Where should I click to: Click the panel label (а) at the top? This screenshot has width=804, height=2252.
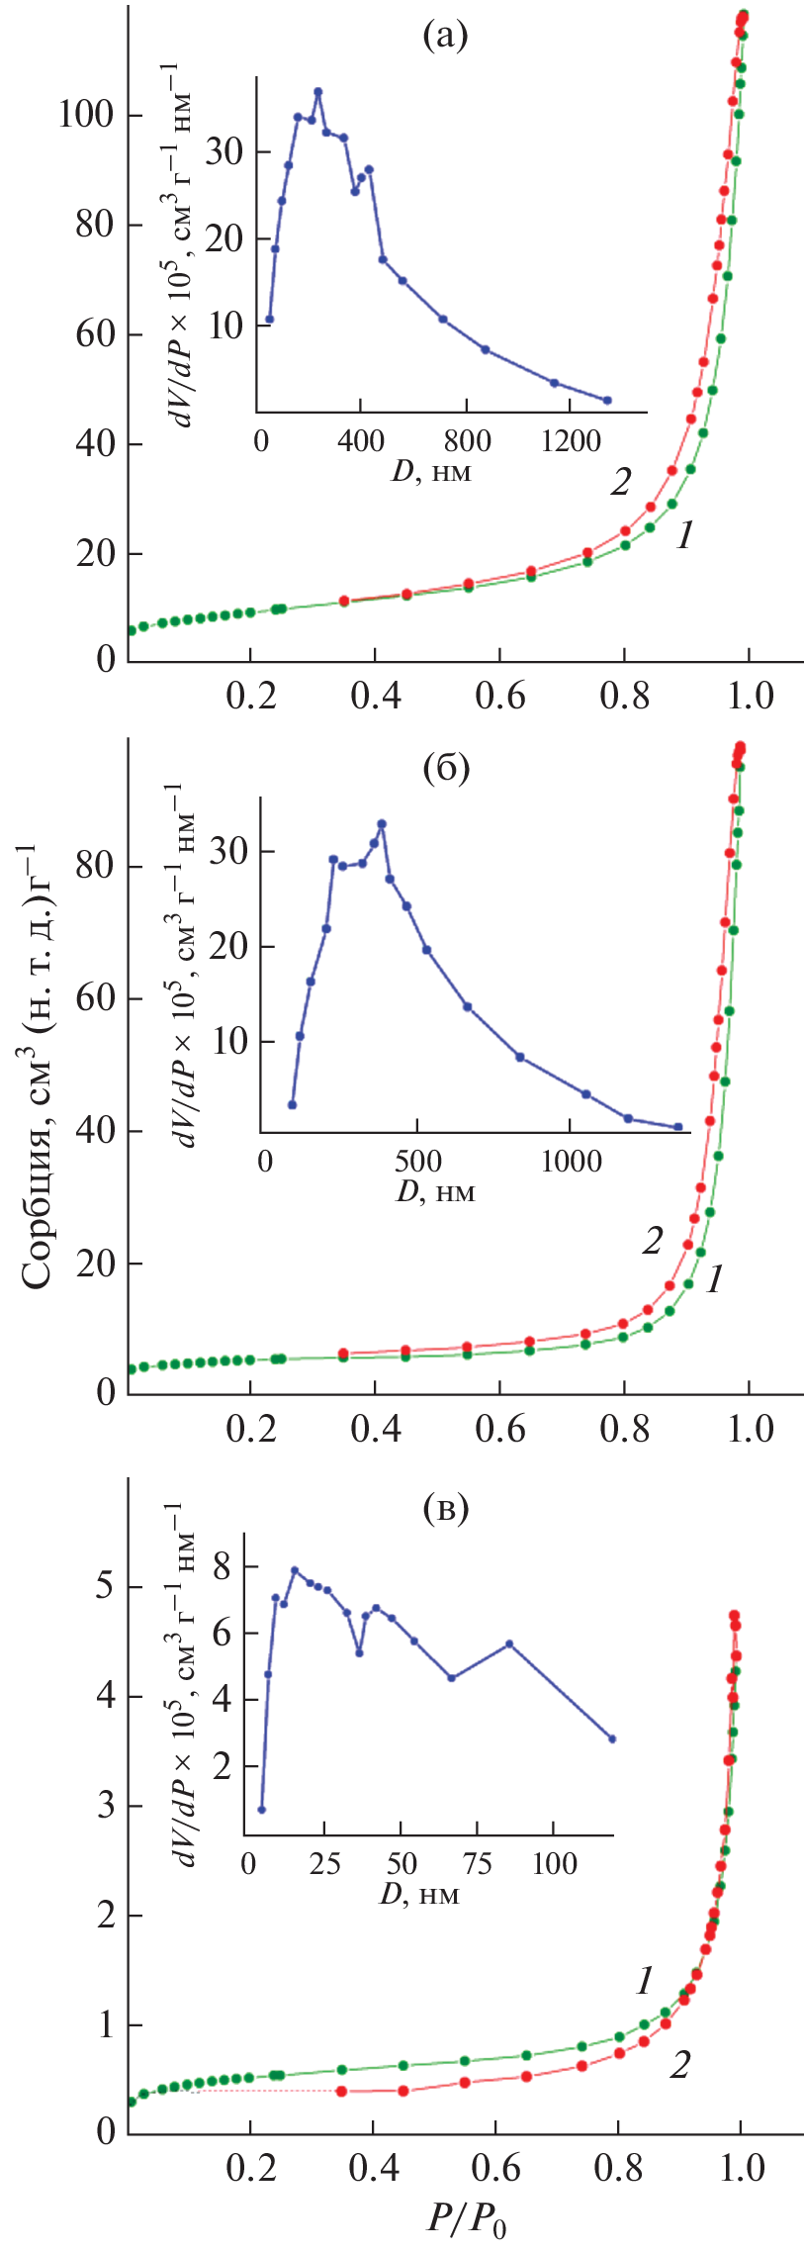(x=444, y=37)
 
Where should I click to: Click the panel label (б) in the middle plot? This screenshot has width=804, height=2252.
(x=445, y=768)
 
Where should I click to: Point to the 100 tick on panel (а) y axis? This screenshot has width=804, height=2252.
(x=86, y=115)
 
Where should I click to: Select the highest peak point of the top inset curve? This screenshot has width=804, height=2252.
(x=318, y=92)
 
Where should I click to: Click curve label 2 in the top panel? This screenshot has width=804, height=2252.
(x=621, y=482)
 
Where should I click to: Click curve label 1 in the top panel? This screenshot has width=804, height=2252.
(x=684, y=536)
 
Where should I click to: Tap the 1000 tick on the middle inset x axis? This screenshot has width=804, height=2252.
(x=571, y=1161)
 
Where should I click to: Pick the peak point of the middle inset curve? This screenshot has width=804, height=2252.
(x=382, y=823)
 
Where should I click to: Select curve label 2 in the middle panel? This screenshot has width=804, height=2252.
(x=651, y=1241)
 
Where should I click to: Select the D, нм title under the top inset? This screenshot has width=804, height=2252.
(x=431, y=471)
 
